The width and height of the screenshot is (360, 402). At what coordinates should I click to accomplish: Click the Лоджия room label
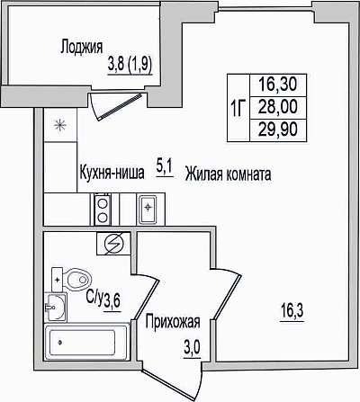tap(82, 47)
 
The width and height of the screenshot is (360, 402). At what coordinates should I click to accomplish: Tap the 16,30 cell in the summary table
tap(278, 84)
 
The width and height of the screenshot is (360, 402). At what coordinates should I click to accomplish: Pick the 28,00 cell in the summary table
tap(278, 107)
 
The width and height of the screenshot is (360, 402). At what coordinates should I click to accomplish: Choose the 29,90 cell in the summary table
tap(278, 130)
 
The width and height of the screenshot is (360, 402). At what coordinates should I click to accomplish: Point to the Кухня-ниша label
tap(112, 173)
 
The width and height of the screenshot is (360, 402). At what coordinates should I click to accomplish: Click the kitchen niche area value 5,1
tap(164, 169)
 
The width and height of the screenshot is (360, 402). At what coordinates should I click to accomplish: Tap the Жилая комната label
tap(229, 174)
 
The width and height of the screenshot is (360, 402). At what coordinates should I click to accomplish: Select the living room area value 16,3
tap(292, 312)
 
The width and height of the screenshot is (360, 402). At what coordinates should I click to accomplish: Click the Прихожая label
tap(173, 322)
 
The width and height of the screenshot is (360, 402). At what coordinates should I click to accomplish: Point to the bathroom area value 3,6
tap(112, 300)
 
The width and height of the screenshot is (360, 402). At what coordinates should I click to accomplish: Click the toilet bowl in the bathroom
tap(72, 280)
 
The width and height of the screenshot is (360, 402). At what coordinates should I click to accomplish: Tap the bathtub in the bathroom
tap(86, 342)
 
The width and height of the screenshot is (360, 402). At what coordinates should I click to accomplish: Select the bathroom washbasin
tap(56, 307)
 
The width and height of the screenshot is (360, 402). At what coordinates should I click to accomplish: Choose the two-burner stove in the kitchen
tap(103, 210)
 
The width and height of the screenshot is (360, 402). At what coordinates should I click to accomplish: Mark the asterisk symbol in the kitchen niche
tap(59, 125)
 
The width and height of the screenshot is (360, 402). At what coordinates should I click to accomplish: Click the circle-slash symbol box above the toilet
tap(113, 244)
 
